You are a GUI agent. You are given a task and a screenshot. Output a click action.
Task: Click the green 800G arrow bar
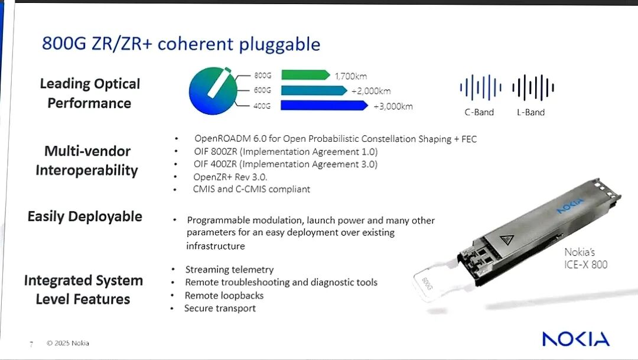305,75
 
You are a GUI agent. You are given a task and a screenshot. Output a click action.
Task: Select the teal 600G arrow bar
314,90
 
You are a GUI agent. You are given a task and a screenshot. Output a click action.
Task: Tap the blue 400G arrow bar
324,105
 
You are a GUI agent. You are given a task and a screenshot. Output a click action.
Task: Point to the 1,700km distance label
351,76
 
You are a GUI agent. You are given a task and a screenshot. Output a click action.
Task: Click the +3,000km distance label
393,106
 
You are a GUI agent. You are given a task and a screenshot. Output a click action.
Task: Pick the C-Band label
479,112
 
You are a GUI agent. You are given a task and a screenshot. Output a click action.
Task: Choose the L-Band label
531,112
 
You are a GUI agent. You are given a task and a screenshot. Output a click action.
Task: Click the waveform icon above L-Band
533,87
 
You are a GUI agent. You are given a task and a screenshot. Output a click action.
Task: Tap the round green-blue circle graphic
213,91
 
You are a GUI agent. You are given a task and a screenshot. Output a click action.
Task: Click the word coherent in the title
196,44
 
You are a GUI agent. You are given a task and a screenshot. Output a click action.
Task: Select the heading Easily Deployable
84,217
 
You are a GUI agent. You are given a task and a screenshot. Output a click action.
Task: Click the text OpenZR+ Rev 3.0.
230,177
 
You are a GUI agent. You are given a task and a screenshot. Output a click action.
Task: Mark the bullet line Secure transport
220,309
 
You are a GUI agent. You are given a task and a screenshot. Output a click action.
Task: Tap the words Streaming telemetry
229,270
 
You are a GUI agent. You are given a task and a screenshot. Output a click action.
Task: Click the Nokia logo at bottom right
576,339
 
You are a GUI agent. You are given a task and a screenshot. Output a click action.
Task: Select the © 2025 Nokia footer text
68,343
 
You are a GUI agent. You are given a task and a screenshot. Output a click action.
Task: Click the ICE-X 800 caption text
586,265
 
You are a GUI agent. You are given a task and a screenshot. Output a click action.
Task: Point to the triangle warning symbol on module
507,239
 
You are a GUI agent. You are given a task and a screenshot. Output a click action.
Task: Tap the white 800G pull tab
431,282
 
